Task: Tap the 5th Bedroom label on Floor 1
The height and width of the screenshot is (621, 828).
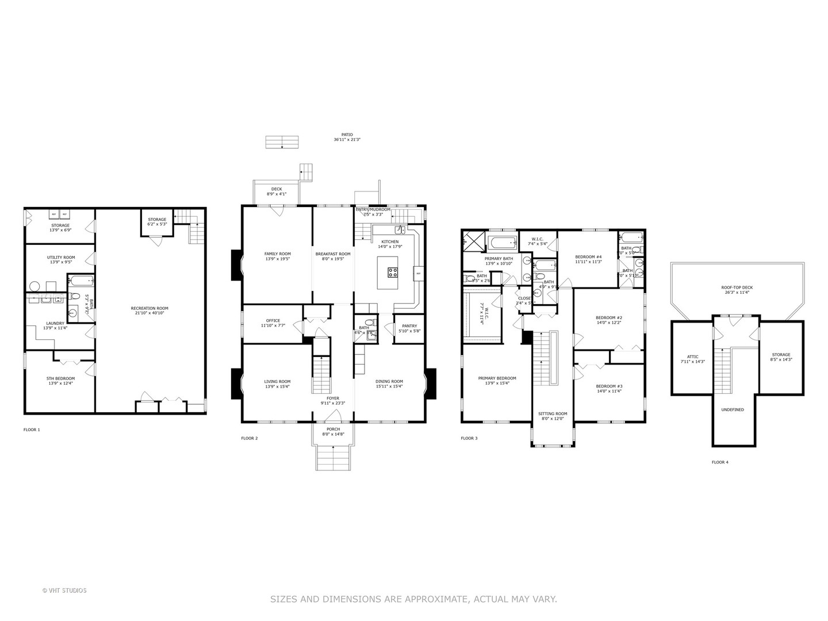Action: pyautogui.click(x=60, y=378)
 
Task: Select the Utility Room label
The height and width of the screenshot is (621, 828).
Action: pyautogui.click(x=60, y=258)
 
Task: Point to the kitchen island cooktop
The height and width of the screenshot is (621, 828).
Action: pyautogui.click(x=393, y=272)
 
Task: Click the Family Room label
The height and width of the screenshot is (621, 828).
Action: pyautogui.click(x=277, y=254)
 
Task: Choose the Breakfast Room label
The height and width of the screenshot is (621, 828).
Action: pyautogui.click(x=333, y=254)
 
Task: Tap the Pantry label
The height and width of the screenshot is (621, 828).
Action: pyautogui.click(x=409, y=326)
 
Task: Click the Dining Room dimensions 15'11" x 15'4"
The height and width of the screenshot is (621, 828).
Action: pyautogui.click(x=389, y=386)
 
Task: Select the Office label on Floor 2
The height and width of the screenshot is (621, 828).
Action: pyautogui.click(x=273, y=321)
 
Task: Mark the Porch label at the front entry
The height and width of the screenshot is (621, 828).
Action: pyautogui.click(x=333, y=429)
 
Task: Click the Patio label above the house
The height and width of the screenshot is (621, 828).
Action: pyautogui.click(x=347, y=135)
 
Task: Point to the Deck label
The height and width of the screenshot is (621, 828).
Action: pyautogui.click(x=277, y=189)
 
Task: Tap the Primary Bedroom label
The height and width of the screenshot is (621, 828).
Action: pyautogui.click(x=497, y=378)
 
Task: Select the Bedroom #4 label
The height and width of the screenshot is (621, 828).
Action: pyautogui.click(x=588, y=257)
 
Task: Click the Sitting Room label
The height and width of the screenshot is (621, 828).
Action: pyautogui.click(x=553, y=413)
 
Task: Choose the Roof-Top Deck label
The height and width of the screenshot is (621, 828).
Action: pyautogui.click(x=737, y=287)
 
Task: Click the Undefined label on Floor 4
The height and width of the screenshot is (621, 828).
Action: pyautogui.click(x=733, y=410)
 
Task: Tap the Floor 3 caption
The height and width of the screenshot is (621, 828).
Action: pyautogui.click(x=469, y=438)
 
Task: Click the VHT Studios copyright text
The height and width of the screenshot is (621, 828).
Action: pyautogui.click(x=64, y=591)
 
